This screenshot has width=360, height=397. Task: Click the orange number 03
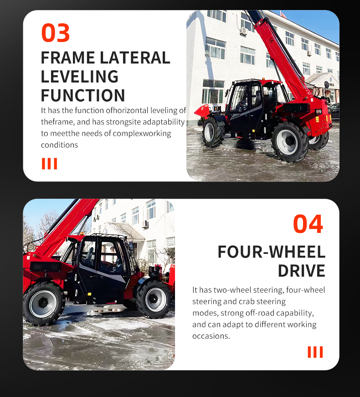[56, 33]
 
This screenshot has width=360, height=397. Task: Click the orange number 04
[308, 224]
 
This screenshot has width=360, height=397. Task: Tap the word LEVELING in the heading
[79, 77]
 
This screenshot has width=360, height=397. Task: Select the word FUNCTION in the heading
[83, 95]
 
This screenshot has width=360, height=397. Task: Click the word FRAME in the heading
[68, 58]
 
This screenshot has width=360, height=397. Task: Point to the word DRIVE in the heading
[302, 271]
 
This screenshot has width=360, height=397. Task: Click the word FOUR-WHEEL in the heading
[272, 252]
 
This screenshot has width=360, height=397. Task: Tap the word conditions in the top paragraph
[59, 145]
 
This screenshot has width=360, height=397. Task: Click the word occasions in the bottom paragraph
[211, 336]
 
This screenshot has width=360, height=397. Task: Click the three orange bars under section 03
[50, 164]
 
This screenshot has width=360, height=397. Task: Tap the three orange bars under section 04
[315, 352]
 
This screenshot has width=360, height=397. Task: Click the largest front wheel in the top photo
[288, 141]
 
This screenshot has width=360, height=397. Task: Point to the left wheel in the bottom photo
[43, 303]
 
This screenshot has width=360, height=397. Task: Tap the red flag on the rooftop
[283, 15]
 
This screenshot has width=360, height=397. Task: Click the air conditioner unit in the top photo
[243, 31]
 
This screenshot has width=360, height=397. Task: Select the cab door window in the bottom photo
[88, 255]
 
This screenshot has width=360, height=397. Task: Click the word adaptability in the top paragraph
[164, 122]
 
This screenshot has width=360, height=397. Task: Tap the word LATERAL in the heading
[135, 58]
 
